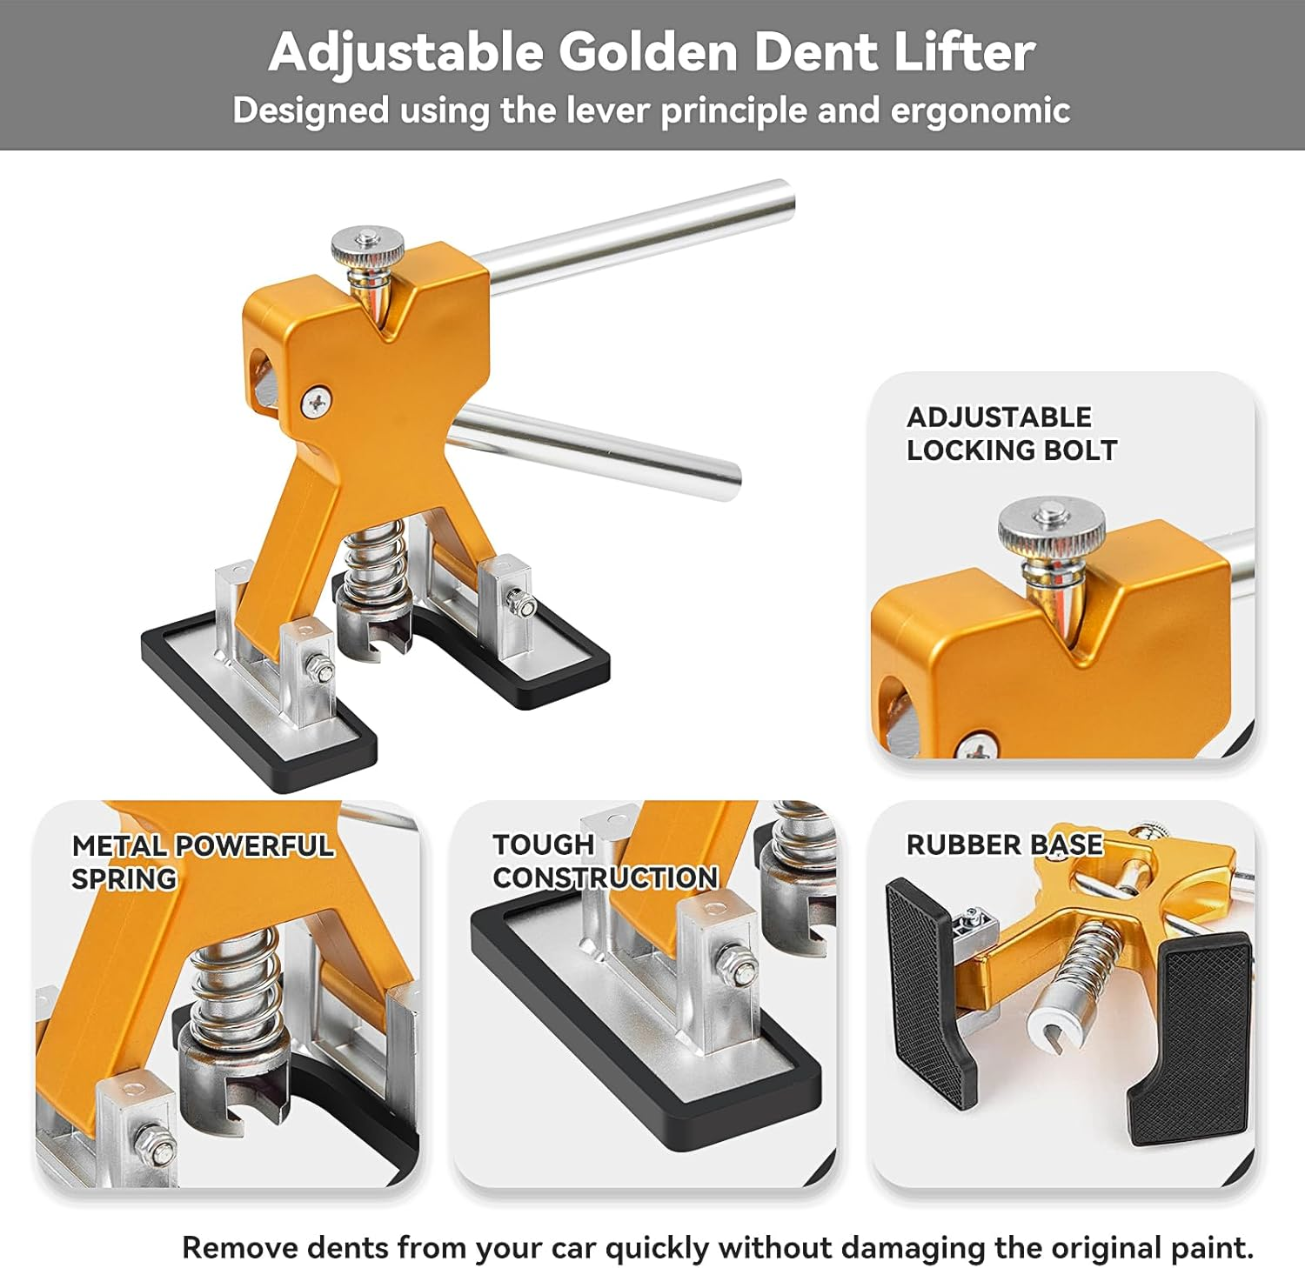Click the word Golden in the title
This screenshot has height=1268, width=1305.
[648, 52]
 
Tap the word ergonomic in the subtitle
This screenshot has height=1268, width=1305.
[980, 111]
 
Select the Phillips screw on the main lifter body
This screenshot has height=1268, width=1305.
[316, 401]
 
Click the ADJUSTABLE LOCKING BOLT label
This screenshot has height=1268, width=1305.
[1012, 433]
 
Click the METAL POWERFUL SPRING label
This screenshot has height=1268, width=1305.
[203, 861]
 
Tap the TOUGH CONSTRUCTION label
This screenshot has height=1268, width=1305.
[606, 861]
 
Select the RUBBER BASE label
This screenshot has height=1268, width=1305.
[1005, 844]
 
